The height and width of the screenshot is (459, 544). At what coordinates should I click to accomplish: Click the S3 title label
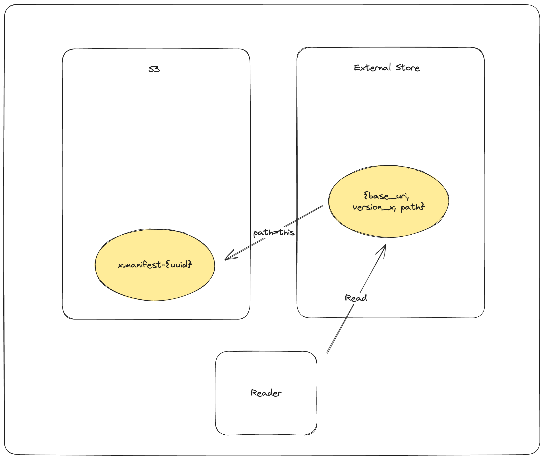click(154, 69)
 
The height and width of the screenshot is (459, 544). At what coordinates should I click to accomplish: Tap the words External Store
click(387, 68)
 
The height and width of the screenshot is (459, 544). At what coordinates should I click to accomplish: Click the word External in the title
click(372, 68)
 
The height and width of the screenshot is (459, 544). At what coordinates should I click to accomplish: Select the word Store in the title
click(407, 68)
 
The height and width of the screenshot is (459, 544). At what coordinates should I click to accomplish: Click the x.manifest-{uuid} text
click(155, 265)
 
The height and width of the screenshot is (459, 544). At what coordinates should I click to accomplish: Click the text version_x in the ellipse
click(374, 207)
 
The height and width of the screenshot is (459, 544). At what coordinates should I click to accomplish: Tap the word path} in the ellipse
click(412, 207)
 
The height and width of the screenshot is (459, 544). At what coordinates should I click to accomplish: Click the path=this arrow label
click(274, 232)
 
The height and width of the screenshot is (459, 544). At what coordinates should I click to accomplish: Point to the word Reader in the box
click(266, 393)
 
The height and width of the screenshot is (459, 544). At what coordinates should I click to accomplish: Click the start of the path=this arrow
click(322, 206)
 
